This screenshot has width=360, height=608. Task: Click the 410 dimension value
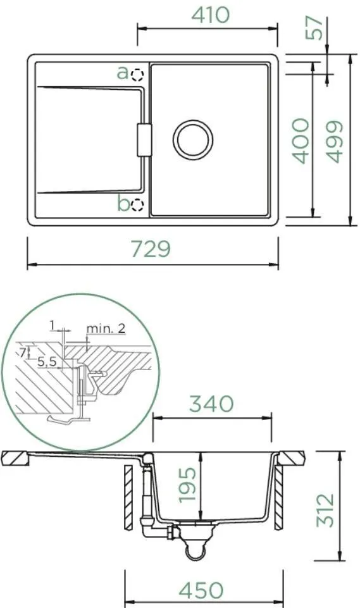[x=211, y=15]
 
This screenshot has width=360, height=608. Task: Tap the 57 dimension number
[x=314, y=28]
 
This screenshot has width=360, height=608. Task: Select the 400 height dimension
[x=301, y=140]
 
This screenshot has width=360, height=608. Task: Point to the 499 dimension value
[x=334, y=141]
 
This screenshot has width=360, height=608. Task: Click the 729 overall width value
[x=151, y=249]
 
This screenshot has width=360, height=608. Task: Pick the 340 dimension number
[x=211, y=404]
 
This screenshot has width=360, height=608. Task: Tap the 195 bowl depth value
[x=187, y=485]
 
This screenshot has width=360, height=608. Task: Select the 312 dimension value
[x=325, y=510]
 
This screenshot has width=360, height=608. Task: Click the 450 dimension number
[x=201, y=590]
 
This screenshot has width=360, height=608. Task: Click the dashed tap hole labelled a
[x=137, y=75]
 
